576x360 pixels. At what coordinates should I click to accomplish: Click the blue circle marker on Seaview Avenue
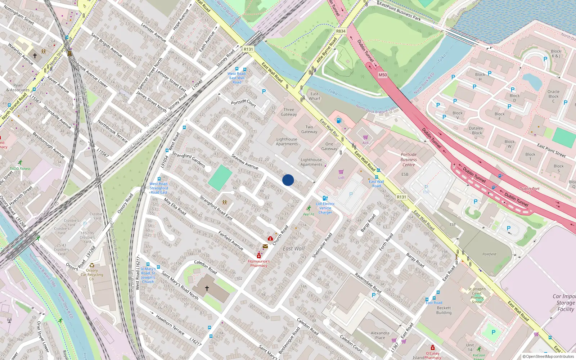[x=288, y=180]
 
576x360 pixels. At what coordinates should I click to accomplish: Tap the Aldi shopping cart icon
[x=365, y=137]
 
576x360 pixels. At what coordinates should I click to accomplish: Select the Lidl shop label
[x=341, y=177]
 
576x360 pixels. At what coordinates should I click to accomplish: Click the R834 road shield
[x=341, y=31]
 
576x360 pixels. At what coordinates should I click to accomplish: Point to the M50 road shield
[x=382, y=75]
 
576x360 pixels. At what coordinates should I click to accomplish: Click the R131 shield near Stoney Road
[x=248, y=49]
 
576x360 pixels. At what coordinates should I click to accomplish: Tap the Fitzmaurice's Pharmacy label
[x=258, y=264]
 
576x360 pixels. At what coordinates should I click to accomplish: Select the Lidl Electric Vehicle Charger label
[x=325, y=208]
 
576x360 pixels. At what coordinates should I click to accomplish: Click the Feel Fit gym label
[x=309, y=214]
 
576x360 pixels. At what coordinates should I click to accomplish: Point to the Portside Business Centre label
[x=409, y=159]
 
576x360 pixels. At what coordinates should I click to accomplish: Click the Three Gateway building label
[x=289, y=112]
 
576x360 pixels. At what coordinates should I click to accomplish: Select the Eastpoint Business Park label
[x=400, y=11]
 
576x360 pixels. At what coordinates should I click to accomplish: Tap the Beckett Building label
[x=444, y=310]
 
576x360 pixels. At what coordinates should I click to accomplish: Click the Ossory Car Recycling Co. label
[x=92, y=274]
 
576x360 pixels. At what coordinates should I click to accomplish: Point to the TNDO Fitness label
[x=20, y=168]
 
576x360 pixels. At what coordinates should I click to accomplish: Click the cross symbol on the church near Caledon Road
[x=207, y=288]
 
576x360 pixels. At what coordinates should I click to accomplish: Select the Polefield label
[x=489, y=254]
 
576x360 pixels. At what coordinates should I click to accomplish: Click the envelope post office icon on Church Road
[x=265, y=247]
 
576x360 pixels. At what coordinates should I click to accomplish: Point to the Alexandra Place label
[x=380, y=335]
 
